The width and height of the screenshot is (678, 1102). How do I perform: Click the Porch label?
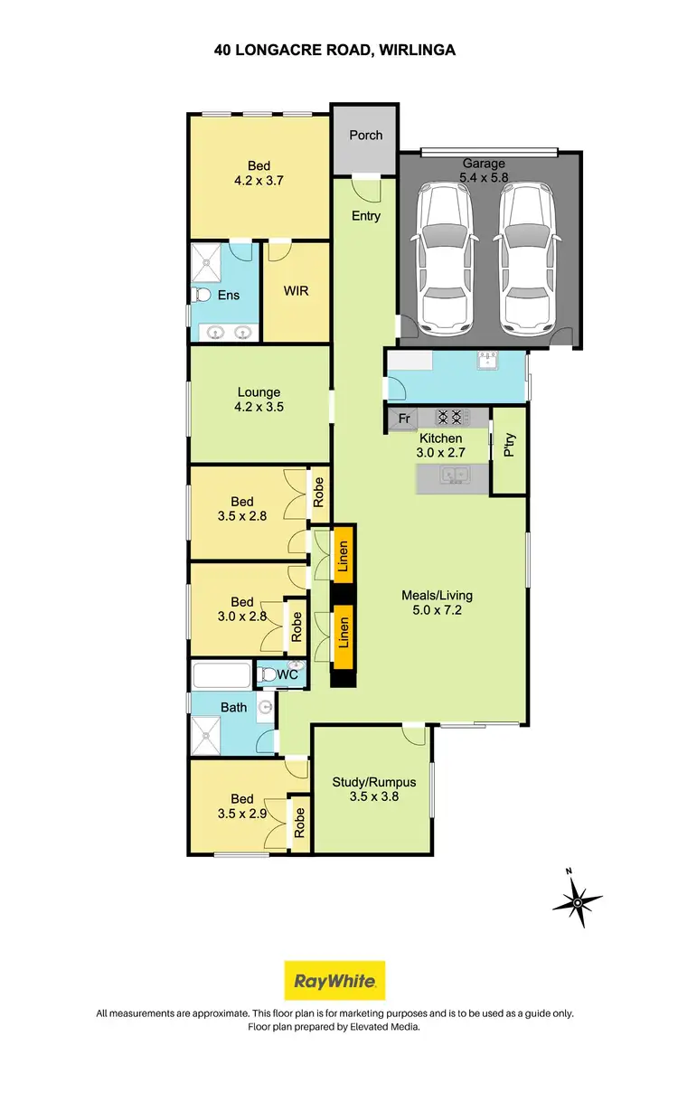[x=366, y=136]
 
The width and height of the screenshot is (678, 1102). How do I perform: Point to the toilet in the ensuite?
[x=203, y=296]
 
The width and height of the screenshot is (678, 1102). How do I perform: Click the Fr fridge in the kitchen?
[x=404, y=419]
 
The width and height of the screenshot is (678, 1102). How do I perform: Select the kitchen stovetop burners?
[x=450, y=418]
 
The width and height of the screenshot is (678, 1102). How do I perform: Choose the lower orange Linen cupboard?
[x=343, y=633]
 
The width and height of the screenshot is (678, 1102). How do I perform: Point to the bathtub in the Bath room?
[x=221, y=676]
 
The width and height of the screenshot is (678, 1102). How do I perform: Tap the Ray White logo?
[x=334, y=981]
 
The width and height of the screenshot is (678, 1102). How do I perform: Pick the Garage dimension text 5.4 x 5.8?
[x=484, y=178]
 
